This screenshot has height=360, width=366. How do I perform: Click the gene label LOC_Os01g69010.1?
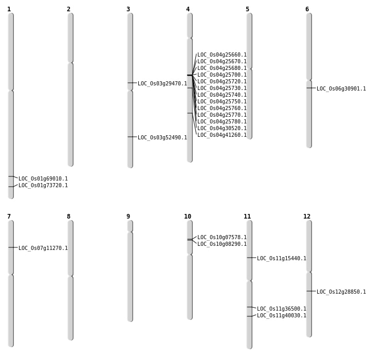pos(43,178)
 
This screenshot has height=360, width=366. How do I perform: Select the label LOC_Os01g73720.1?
pos(43,185)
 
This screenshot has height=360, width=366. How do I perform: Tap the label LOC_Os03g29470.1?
pos(162,84)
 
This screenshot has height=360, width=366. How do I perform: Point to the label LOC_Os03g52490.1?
pos(162,137)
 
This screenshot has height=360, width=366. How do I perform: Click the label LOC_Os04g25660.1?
pos(222,55)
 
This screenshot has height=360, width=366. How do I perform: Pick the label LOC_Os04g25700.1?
pos(222,75)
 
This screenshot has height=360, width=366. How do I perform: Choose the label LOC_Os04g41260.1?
pos(222,135)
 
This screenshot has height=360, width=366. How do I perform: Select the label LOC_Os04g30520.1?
pos(222,128)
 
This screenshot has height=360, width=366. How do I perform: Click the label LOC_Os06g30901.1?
pos(341,89)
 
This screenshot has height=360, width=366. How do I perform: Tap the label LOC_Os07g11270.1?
pos(43,248)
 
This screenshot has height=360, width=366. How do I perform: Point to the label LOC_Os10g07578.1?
pos(222,237)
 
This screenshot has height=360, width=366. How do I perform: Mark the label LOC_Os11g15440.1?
pos(282,258)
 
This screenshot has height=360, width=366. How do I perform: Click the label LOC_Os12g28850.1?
pos(341,292)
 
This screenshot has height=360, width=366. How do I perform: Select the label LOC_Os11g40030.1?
pos(282,315)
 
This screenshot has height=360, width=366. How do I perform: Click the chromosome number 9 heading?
pos(128,217)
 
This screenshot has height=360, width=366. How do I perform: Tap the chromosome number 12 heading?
pos(307,217)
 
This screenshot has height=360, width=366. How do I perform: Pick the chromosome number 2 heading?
pos(68,9)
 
